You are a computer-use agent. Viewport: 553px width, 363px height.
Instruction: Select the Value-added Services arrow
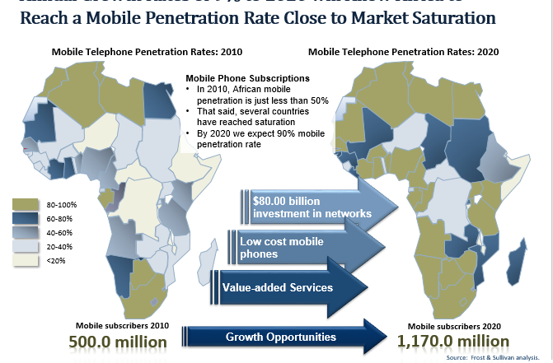coord(288,287)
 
